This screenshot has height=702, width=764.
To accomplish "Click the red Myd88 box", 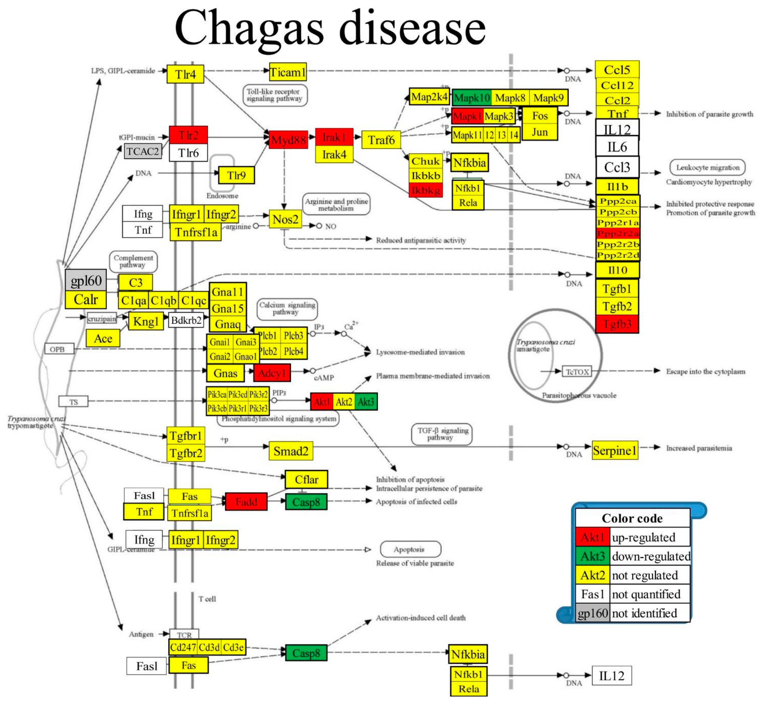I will coord(288,140).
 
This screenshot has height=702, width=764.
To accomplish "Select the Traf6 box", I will coord(381,140).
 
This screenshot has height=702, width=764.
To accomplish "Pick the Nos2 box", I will coord(285,219).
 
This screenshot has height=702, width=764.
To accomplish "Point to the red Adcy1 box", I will coord(272,373).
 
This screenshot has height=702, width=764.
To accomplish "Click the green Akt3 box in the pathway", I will coord(366,402).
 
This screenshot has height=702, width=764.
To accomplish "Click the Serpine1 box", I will coord(615,451).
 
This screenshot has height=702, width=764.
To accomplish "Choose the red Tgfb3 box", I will coord(617,324).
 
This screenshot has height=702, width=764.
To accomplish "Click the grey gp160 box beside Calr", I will coord(86,281).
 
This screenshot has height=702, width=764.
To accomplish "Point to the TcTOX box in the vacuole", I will coord(577,372).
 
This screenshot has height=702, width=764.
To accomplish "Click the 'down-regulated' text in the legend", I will coord(651,556).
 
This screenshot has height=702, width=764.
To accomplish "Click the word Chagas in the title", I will coord(249,29).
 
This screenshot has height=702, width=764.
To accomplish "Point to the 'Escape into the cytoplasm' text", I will coord(706,372).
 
